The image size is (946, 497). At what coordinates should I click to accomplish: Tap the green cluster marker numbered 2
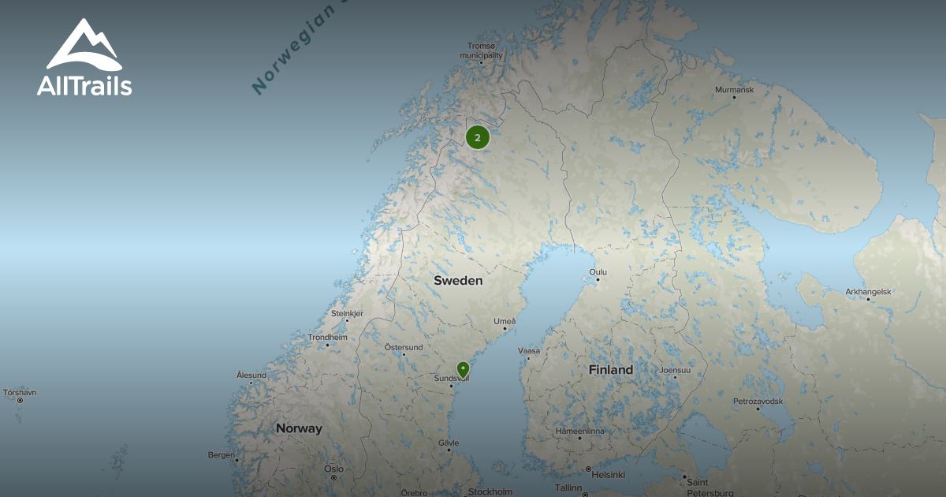pyautogui.click(x=477, y=137)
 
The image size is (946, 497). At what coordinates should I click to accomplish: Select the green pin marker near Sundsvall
pyautogui.click(x=463, y=369)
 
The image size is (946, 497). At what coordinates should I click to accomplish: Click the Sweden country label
pyautogui.click(x=458, y=280)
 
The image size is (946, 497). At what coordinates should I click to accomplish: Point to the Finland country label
pyautogui.click(x=610, y=369)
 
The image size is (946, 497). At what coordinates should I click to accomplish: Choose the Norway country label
pyautogui.click(x=299, y=428)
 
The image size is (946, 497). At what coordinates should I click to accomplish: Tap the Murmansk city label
pyautogui.click(x=734, y=90)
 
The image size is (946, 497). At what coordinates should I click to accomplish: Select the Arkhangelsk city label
pyautogui.click(x=868, y=292)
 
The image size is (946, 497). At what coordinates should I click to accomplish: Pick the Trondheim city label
pyautogui.click(x=327, y=338)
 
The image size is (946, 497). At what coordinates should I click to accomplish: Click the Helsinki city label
pyautogui.click(x=608, y=474)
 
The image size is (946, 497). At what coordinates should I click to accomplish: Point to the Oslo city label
pyautogui.click(x=333, y=469)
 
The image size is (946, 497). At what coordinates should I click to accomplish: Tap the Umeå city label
pyautogui.click(x=505, y=321)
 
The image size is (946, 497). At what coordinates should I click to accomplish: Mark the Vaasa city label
pyautogui.click(x=528, y=350)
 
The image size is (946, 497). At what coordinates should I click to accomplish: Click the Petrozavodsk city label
pyautogui.click(x=758, y=402)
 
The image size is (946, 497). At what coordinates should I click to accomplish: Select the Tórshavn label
pyautogui.click(x=20, y=392)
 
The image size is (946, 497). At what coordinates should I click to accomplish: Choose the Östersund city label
pyautogui.click(x=403, y=347)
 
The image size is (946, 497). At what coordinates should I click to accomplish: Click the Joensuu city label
pyautogui.click(x=675, y=370)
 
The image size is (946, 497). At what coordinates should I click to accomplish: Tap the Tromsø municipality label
pyautogui.click(x=482, y=50)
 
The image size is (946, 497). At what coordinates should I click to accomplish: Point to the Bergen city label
pyautogui.click(x=222, y=454)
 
